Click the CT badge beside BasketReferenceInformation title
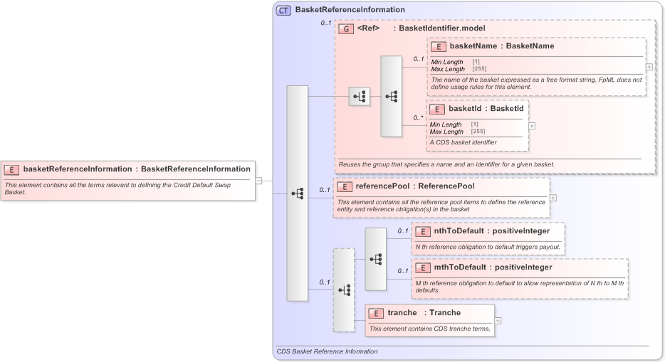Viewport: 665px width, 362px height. pos(283,10)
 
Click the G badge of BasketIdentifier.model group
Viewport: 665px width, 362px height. pos(346,29)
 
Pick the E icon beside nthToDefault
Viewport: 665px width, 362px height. pos(423,231)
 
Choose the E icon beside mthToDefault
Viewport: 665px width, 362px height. pos(423,267)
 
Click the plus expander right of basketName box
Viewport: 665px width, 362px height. pos(649,67)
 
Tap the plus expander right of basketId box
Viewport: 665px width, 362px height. pos(532,125)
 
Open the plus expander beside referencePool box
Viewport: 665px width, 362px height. pos(553,198)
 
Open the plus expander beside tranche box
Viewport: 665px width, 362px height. pos(498,321)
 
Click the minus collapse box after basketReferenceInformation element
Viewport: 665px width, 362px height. pos(258,181)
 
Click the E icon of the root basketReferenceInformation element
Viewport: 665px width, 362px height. pos(12,169)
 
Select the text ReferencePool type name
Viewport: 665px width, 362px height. pos(446,186)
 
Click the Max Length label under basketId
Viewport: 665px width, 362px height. pos(446,132)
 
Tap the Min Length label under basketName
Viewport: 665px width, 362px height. pos(447,62)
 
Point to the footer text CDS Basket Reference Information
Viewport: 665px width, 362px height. pos(327,351)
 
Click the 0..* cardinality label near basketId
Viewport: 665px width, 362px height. pos(419,118)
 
